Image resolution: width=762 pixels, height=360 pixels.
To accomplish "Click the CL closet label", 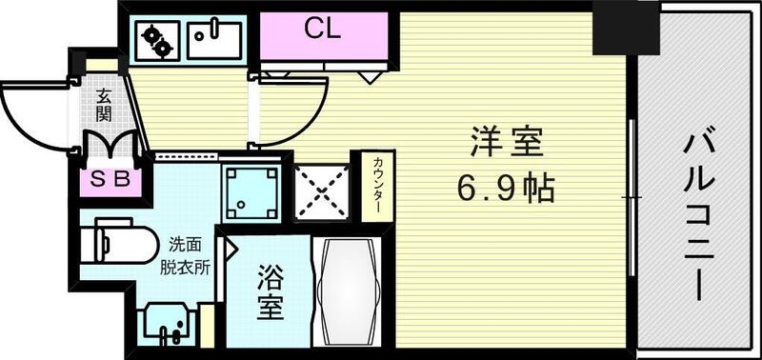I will (322, 29).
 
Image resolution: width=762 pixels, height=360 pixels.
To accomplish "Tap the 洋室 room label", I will (506, 145).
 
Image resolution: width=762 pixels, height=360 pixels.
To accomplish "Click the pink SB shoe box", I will (110, 178).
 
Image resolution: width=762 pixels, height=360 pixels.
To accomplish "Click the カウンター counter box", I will (372, 187).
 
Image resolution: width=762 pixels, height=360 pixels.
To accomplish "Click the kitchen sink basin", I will (214, 39).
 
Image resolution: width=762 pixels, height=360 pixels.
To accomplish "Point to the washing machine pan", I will (251, 191).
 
